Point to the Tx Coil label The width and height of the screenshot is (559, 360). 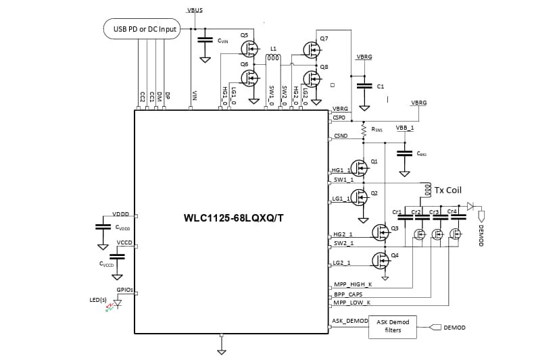click(448, 190)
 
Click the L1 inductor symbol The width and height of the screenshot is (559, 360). click(273, 58)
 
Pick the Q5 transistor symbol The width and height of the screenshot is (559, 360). click(250, 49)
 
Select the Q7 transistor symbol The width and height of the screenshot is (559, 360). click(312, 49)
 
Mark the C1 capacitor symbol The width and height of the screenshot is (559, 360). click(364, 86)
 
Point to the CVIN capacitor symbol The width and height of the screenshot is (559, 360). click(203, 40)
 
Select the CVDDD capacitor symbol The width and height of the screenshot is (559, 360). click(103, 226)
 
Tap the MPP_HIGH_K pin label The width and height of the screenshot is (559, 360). click(352, 286)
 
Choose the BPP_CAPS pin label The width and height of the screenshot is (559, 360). click(348, 295)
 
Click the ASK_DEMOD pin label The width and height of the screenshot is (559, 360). click(350, 320)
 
